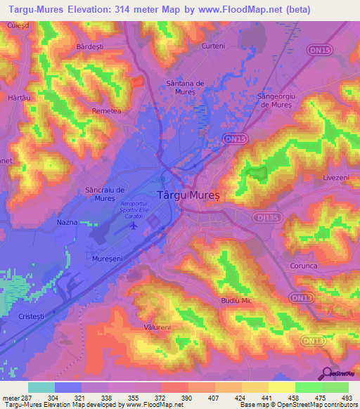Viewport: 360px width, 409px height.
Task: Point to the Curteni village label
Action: [212, 46]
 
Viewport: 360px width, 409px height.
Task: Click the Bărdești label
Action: [89, 46]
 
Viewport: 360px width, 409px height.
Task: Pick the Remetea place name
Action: [107, 111]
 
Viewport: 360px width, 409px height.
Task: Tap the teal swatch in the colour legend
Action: [41, 387]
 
